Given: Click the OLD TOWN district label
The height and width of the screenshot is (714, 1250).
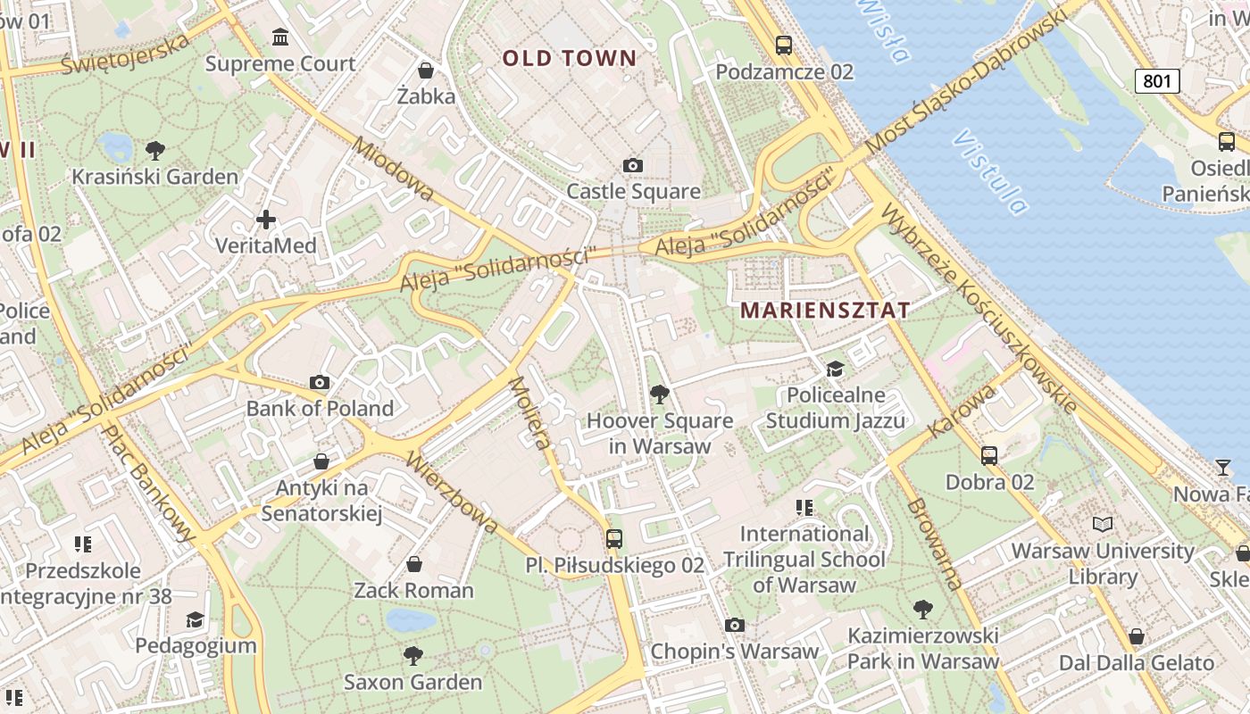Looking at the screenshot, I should [570, 59].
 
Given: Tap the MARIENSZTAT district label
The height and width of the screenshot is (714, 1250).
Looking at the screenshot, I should [826, 311].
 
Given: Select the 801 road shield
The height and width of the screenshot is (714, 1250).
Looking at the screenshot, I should [1157, 81].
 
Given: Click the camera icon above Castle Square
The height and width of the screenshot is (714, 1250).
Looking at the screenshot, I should [633, 165].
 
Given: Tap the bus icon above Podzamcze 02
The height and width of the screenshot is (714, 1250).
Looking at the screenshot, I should [784, 45].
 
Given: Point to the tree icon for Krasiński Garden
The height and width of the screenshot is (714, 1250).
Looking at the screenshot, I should [155, 150].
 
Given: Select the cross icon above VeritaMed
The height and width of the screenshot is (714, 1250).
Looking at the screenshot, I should [265, 219].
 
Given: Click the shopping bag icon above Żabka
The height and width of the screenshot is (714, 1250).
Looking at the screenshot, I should [426, 70].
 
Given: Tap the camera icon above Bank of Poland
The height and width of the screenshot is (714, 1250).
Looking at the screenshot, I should [320, 383].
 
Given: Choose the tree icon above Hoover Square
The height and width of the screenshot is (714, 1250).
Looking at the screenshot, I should [659, 394].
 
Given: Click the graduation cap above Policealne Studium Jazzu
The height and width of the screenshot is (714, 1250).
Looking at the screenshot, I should [835, 369].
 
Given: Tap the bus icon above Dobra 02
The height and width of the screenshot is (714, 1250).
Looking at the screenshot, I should [989, 455].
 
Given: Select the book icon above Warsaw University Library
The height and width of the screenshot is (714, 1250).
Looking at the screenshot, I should [1103, 524].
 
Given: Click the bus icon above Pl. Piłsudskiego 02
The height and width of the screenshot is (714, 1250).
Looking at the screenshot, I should [614, 538].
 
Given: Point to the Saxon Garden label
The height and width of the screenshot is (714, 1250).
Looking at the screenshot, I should [413, 683].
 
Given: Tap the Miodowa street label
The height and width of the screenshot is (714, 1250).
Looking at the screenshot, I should [394, 169].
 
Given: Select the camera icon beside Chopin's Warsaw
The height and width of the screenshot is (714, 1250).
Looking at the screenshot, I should [734, 625].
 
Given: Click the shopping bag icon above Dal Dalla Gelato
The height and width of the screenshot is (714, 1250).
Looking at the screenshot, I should [1136, 636].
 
